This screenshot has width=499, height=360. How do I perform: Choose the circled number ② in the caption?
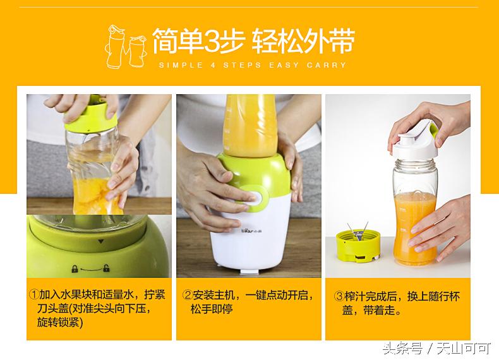click(x=188, y=295)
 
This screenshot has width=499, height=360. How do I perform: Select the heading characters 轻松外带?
click(x=303, y=42)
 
